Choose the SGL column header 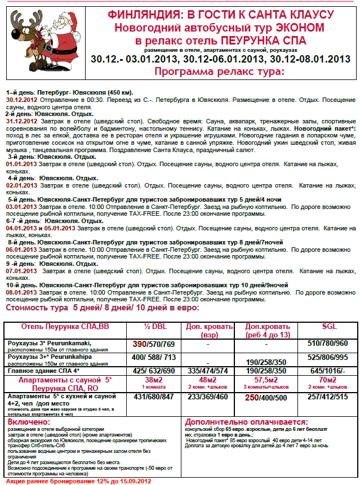(327, 327)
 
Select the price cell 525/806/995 (327, 358)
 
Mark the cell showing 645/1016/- (327, 371)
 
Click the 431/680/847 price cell (153, 397)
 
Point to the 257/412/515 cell (327, 397)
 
